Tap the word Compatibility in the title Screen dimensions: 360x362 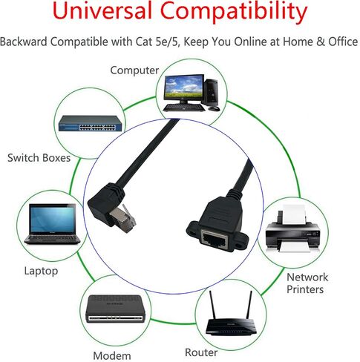234,13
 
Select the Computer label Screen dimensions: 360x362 134,70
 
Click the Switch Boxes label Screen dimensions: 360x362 39,158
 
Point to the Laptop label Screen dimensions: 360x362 41,271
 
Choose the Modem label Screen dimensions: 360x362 112,356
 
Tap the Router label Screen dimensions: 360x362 201,352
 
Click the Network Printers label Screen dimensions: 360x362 307,283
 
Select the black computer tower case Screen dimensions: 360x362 212,91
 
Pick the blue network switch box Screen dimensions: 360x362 91,123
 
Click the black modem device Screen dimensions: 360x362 115,309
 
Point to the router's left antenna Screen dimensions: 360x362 212,306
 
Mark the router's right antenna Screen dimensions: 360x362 249,306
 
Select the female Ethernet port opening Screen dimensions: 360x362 215,239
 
